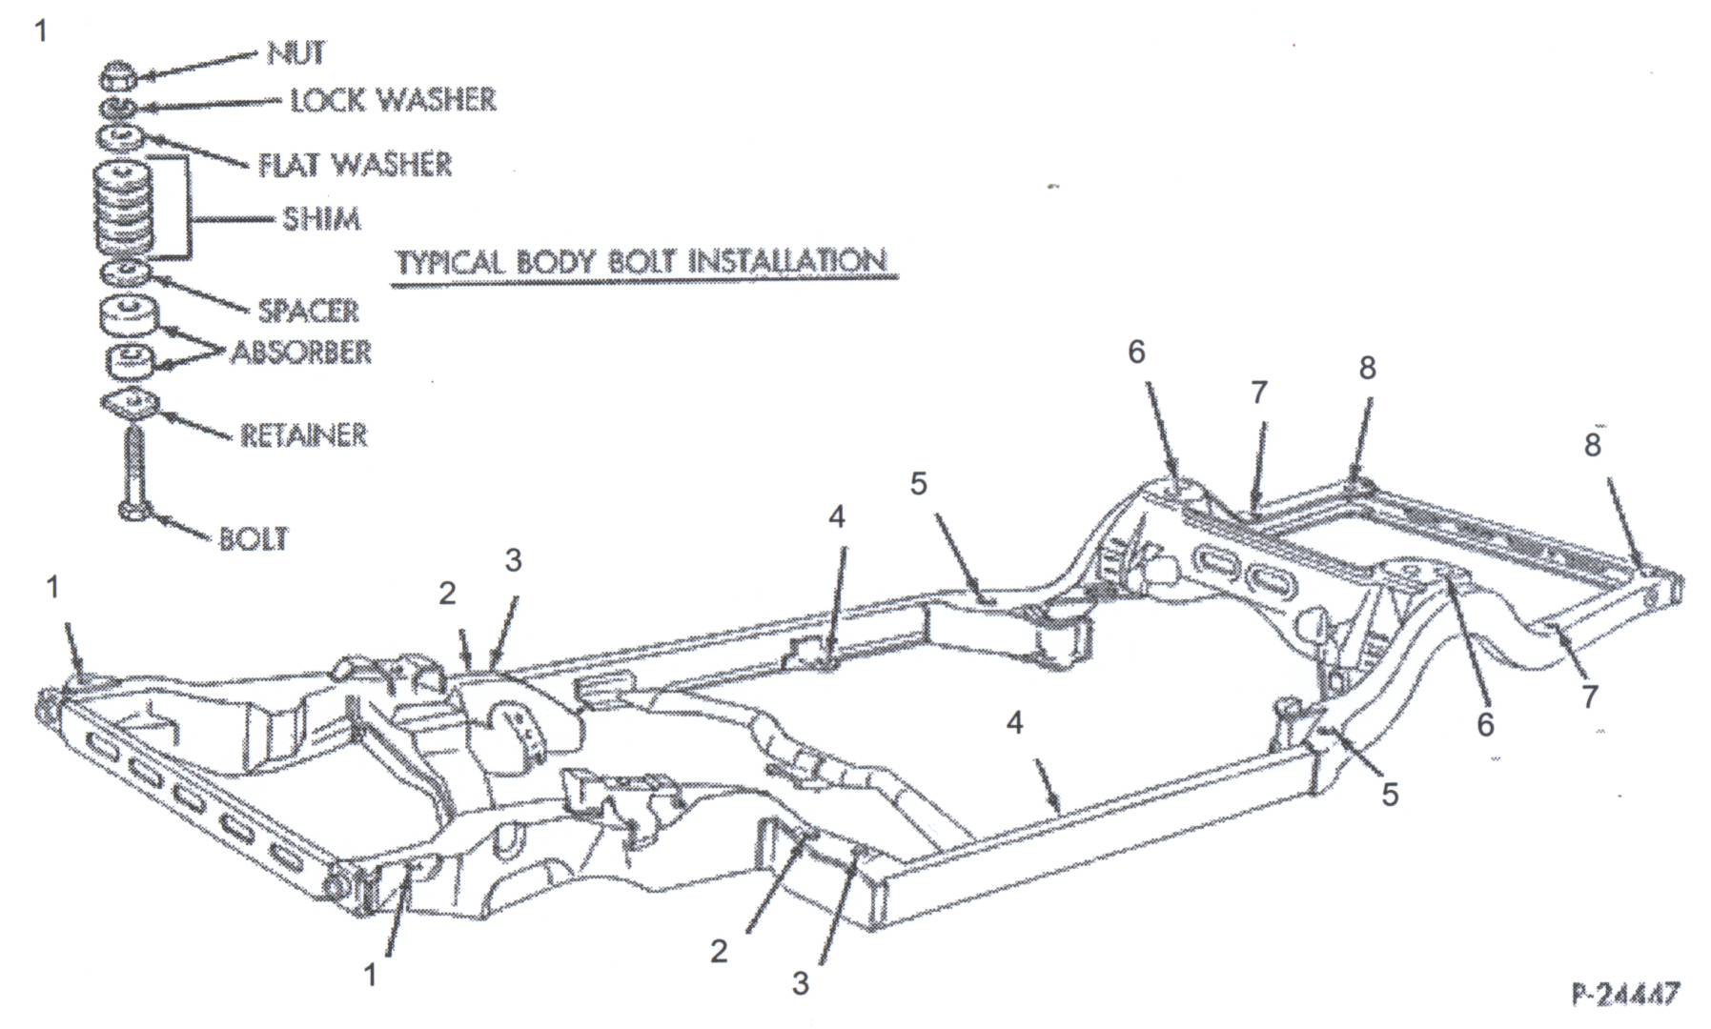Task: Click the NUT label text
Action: (x=295, y=53)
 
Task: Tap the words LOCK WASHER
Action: (x=393, y=99)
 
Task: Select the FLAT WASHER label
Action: (x=355, y=164)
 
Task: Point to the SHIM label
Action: (x=321, y=219)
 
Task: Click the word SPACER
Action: (x=308, y=311)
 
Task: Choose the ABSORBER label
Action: (x=301, y=353)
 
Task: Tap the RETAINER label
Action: (x=303, y=435)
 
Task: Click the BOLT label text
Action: (x=253, y=538)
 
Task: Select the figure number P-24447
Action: (x=1625, y=994)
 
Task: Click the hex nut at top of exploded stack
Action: (x=120, y=74)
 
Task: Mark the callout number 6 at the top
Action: (x=1136, y=352)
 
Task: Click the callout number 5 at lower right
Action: (x=1390, y=794)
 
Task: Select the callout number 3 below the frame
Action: (x=801, y=983)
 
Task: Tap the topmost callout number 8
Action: (x=1367, y=368)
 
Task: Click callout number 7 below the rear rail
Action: (x=1589, y=697)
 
